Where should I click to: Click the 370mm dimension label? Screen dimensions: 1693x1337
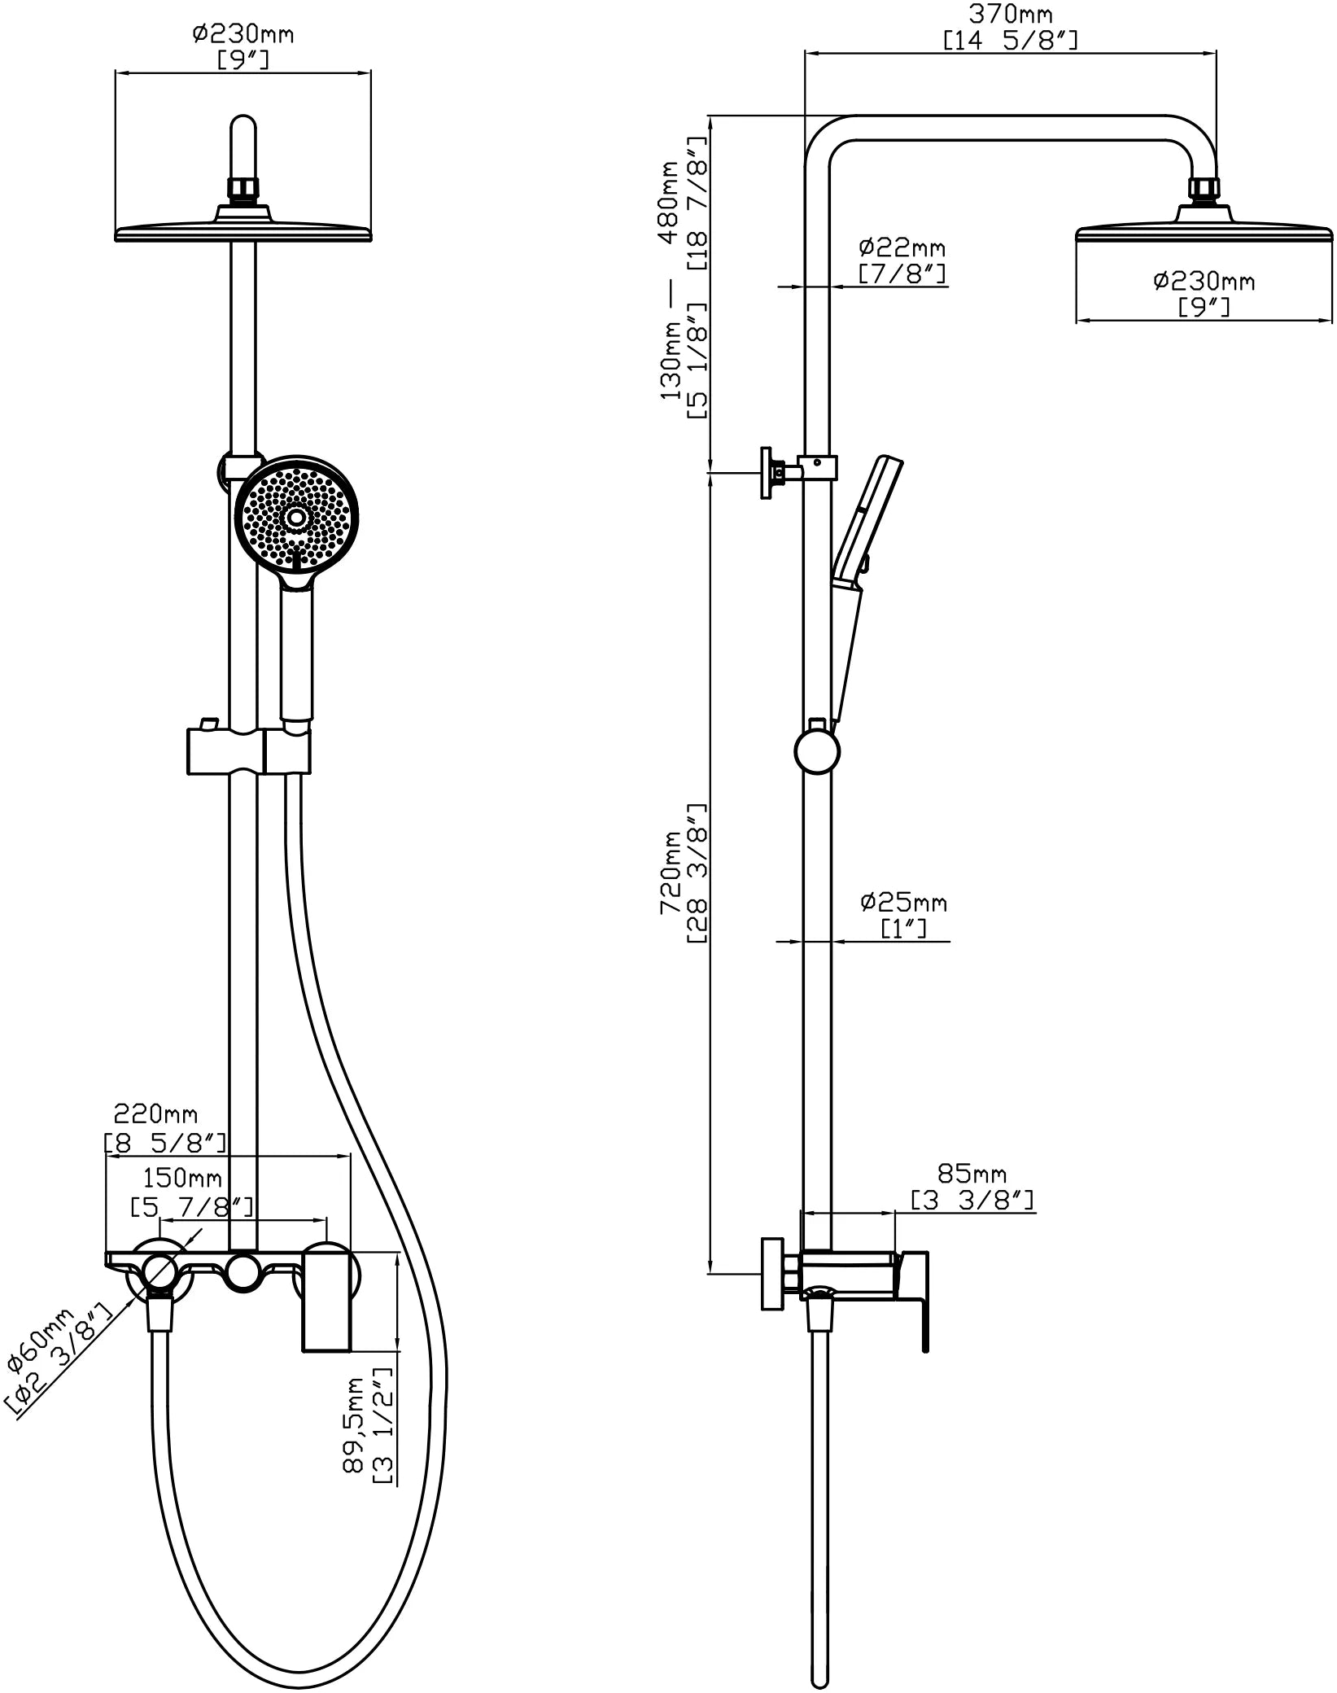coord(1010,14)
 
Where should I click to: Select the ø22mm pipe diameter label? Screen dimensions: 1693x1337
coord(902,247)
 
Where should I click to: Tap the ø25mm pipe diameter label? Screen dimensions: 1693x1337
coord(903,902)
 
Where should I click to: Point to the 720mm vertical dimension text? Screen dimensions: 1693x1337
coord(671,873)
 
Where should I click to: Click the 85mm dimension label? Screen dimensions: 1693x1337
coord(972,1174)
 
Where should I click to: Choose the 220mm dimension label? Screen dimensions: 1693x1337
coord(155,1113)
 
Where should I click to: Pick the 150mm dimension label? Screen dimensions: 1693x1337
coord(182,1178)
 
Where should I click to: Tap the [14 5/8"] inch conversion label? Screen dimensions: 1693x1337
coord(1010,40)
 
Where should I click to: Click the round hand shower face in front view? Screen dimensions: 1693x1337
coord(296,516)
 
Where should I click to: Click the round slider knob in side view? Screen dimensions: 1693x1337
coord(817,753)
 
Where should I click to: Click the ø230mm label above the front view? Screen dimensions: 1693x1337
coord(243,34)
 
